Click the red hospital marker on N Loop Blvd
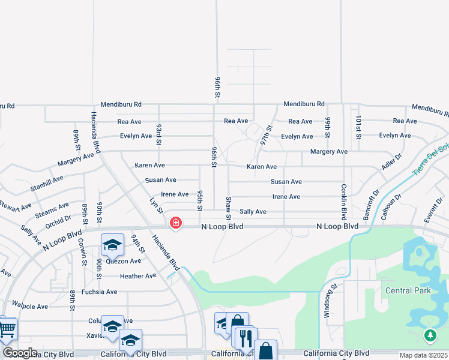coord(175,223)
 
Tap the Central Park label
coord(408,290)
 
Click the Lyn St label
coord(157,205)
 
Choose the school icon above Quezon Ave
coord(112,244)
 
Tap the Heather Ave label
coord(138,276)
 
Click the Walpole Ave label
coord(29,307)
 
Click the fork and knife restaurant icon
coord(245,338)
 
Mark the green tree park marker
coord(430,335)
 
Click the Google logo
coord(20,353)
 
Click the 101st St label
coord(358,128)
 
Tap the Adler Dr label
coord(391,161)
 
